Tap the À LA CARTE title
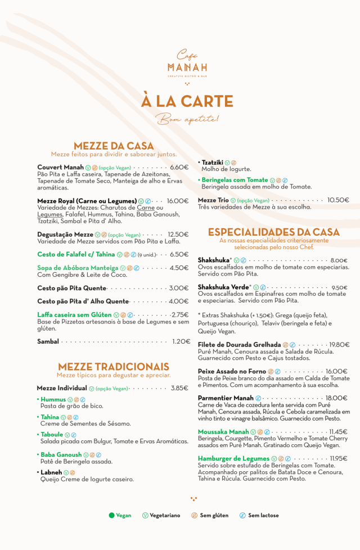(187, 101)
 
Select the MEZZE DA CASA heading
(114, 146)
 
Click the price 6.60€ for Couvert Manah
(179, 167)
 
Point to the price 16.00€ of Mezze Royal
(178, 201)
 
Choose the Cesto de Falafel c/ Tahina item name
(76, 254)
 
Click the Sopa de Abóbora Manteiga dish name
(78, 268)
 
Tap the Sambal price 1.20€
(181, 341)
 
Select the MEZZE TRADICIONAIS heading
(114, 367)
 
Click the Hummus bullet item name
(53, 399)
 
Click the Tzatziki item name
(213, 163)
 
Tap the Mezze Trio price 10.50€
(338, 200)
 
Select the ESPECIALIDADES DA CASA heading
(274, 232)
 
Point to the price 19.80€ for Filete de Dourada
(339, 345)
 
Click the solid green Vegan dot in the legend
(111, 515)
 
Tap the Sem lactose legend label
(263, 515)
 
